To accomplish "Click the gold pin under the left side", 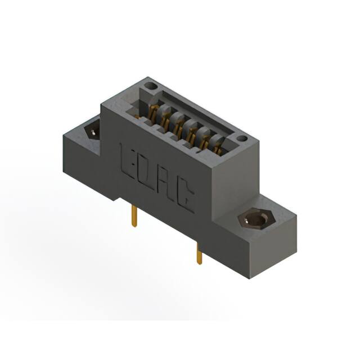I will point(134,216).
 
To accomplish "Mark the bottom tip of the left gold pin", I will point(134,226).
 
